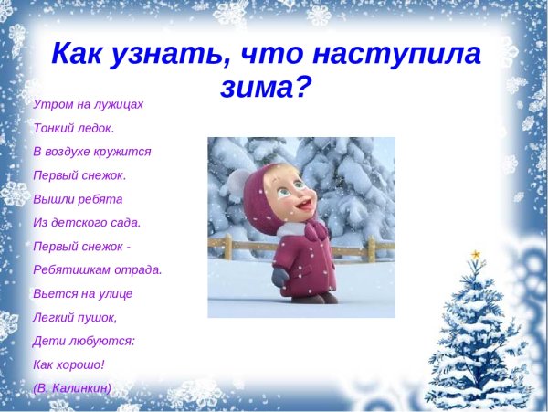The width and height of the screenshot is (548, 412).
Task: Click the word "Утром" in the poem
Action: [x=51, y=104]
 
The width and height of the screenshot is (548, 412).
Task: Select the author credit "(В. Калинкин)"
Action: [x=71, y=388]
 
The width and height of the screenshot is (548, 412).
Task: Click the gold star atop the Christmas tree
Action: [x=475, y=253]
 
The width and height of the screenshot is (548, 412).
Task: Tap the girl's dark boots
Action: [x=315, y=297]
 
